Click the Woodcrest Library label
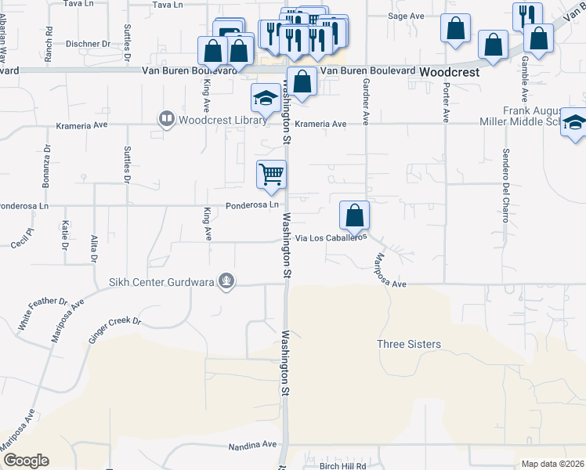pos(212,120)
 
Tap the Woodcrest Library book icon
pos(166,120)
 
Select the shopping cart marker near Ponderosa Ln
pos(271,175)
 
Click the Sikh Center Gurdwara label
pos(165,281)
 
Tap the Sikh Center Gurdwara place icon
pos(226,281)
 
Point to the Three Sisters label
pos(409,344)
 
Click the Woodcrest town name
pos(449,71)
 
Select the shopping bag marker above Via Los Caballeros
pos(354,215)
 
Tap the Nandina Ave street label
pos(253,445)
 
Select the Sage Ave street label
pos(406,16)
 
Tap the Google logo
pos(26,461)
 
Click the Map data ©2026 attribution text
pos(553,464)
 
